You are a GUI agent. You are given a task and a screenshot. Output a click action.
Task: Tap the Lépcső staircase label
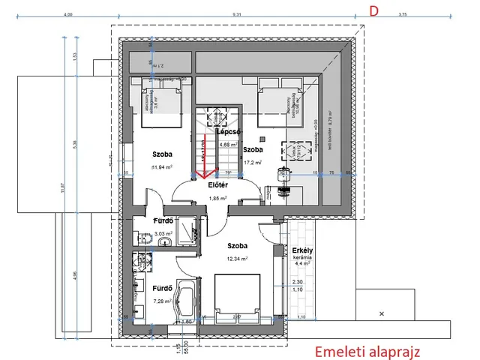pos(228,131)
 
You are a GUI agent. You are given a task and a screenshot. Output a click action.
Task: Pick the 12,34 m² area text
pos(238,259)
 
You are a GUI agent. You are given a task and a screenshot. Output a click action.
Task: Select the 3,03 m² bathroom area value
pos(163,233)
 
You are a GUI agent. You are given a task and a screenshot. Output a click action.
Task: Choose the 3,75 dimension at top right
pos(423,14)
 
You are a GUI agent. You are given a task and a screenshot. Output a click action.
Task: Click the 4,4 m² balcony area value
pos(298,264)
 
